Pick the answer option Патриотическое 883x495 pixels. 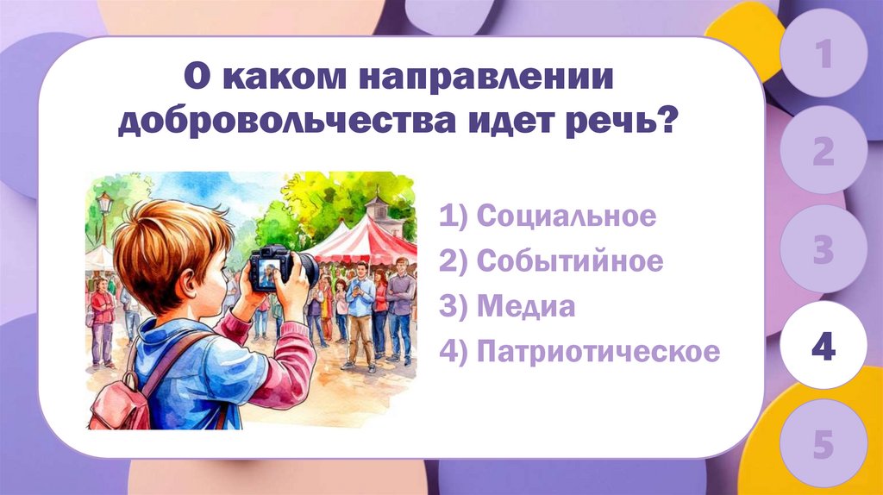(x=579, y=352)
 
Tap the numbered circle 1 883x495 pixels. (x=824, y=57)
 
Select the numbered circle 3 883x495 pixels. (x=824, y=252)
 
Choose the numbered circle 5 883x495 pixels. (x=824, y=447)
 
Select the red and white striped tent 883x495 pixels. (x=366, y=241)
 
